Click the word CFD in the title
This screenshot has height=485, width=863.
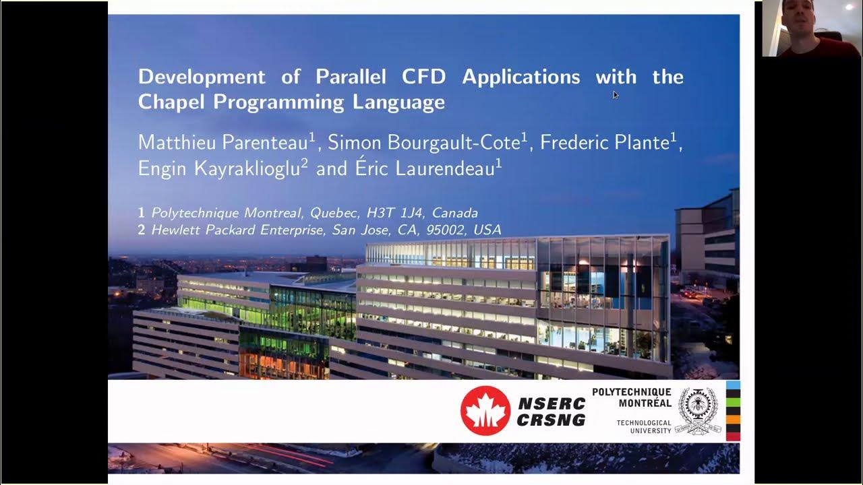423,77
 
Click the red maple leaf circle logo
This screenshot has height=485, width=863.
485,411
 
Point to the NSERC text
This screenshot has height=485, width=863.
552,403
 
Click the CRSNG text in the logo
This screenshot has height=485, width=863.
552,420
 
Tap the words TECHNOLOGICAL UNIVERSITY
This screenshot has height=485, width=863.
644,426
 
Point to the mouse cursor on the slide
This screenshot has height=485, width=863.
615,94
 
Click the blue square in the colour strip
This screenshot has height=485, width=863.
733,385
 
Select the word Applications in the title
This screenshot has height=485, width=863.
520,77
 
